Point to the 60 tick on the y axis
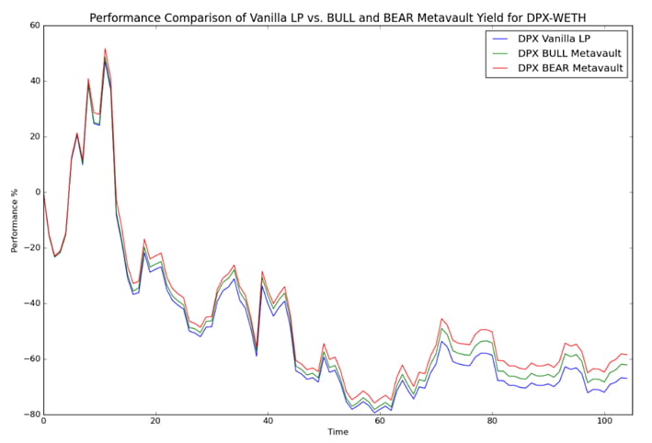[34, 26]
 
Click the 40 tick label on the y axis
[34, 81]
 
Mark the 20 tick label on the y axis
[34, 137]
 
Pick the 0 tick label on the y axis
[37, 192]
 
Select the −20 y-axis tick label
[31, 248]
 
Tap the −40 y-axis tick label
[31, 303]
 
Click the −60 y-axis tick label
[31, 359]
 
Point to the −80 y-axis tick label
[31, 415]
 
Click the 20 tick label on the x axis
[155, 422]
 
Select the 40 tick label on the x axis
[268, 422]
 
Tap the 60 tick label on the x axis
[380, 422]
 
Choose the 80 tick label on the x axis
[492, 422]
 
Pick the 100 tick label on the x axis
[604, 422]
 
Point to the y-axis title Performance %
[15, 221]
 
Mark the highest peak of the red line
[105, 49]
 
